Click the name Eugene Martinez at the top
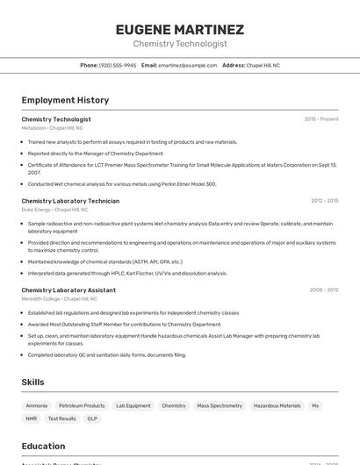[x=180, y=29]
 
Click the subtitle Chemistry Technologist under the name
[x=180, y=44]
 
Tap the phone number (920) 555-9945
[x=117, y=66]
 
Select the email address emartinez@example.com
[x=187, y=66]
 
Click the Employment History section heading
[x=65, y=100]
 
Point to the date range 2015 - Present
[x=320, y=119]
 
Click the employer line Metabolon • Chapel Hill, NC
[x=53, y=128]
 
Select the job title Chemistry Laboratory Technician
[x=70, y=201]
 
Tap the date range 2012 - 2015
[x=324, y=201]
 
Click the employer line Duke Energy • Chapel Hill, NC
[x=55, y=210]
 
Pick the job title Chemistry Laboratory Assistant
[x=68, y=290]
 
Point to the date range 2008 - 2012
[x=323, y=290]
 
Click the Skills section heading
[x=33, y=383]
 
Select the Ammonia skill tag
[x=37, y=406]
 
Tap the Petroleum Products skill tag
[x=82, y=406]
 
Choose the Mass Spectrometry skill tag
[x=220, y=406]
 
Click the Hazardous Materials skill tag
[x=277, y=406]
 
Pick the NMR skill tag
[x=32, y=419]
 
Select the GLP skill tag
[x=92, y=419]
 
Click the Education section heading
[x=43, y=446]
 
